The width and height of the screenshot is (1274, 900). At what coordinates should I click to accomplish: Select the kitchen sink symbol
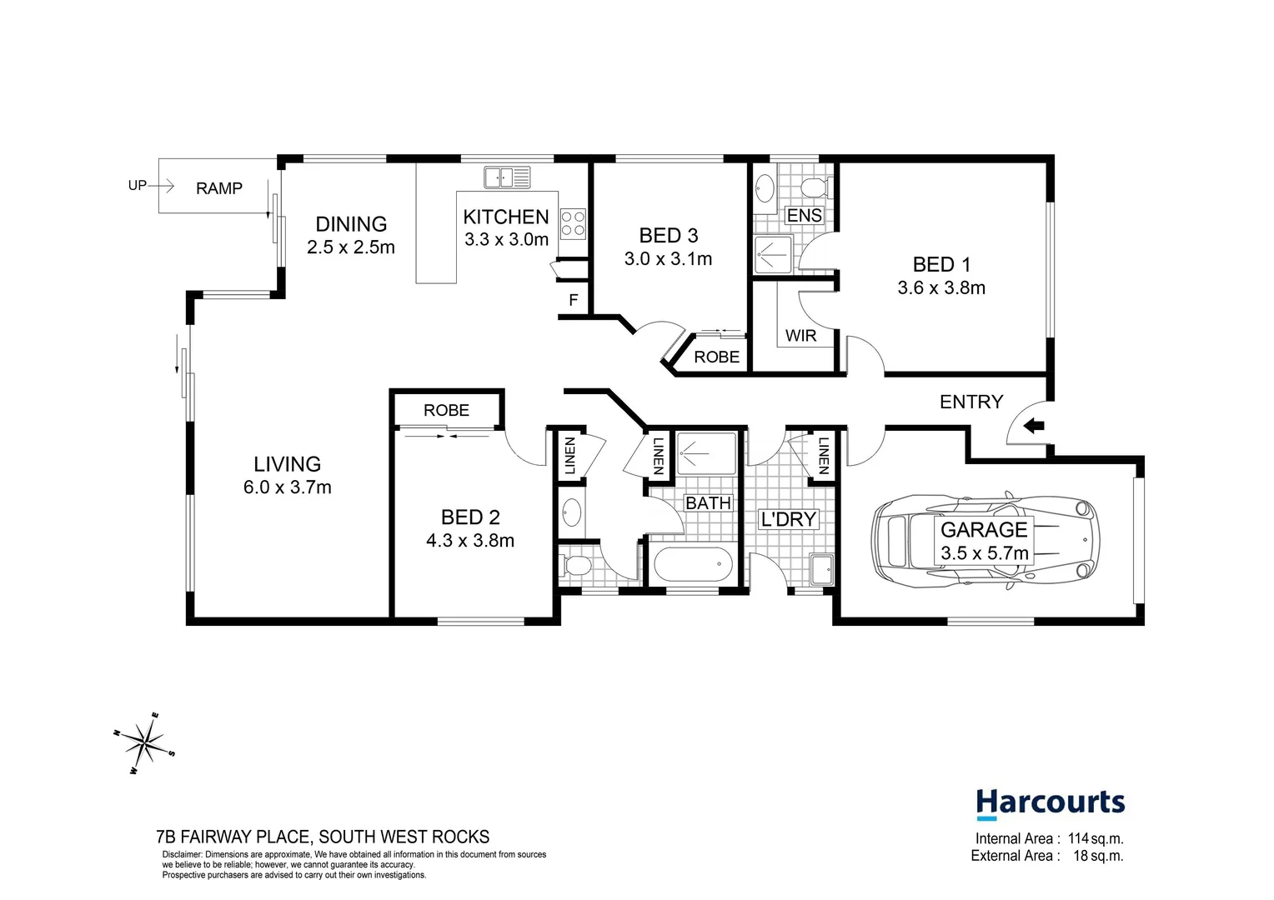[x=507, y=177]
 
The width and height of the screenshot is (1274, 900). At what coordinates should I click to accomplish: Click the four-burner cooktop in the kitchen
[x=573, y=223]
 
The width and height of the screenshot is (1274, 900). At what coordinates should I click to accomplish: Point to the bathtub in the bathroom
[x=693, y=565]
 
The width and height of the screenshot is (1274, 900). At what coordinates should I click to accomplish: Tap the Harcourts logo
[x=1050, y=803]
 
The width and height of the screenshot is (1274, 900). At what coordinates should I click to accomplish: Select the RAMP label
[x=219, y=188]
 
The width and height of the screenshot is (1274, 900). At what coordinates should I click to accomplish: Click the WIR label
[x=800, y=336]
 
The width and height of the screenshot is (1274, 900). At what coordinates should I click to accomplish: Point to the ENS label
[x=804, y=216]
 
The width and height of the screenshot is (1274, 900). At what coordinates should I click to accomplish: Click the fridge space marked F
[x=574, y=300]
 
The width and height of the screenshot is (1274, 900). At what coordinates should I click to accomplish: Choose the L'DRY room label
[x=789, y=519]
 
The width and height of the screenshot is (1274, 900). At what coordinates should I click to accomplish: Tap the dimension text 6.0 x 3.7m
[x=288, y=487]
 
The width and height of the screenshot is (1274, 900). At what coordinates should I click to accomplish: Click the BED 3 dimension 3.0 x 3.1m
[x=668, y=259]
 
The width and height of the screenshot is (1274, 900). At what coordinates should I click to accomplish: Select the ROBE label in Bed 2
[x=446, y=410]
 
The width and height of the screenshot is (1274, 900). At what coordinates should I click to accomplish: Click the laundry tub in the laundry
[x=821, y=569]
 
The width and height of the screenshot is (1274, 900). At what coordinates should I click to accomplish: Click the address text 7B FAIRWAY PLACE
[x=233, y=837]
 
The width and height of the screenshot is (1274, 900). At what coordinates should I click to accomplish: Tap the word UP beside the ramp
[x=138, y=186]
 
